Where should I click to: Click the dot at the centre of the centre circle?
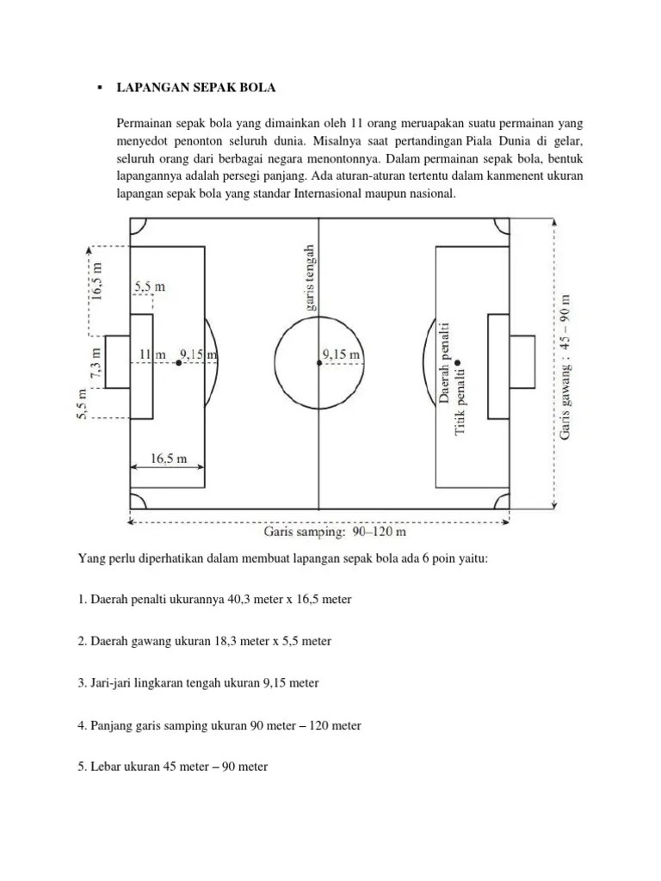click(x=319, y=364)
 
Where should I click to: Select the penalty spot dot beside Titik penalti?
click(x=459, y=363)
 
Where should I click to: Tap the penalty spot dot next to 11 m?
click(x=178, y=364)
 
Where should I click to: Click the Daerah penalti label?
click(x=444, y=362)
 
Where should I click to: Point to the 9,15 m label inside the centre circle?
click(x=341, y=354)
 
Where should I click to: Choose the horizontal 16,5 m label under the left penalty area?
click(x=169, y=459)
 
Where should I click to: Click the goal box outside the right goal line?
click(x=522, y=364)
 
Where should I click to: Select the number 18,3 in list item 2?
click(x=215, y=641)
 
